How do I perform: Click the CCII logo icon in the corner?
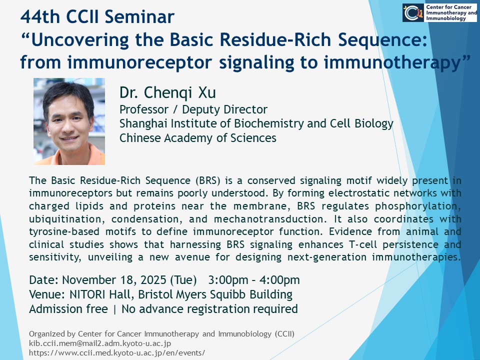pos(413,13)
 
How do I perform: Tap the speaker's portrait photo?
pos(69,121)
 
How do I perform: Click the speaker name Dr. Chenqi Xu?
pos(168,92)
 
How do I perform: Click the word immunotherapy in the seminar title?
pos(392,63)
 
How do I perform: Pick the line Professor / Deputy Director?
pos(193,109)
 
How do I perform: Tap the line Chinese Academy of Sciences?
pos(198,138)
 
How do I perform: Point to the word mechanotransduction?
pos(268,219)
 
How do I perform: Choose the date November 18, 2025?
pos(114,280)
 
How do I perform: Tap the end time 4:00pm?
pos(280,280)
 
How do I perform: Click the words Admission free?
pos(68,309)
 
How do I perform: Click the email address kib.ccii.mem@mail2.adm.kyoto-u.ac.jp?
pos(100,343)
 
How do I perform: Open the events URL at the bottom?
pos(117,352)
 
